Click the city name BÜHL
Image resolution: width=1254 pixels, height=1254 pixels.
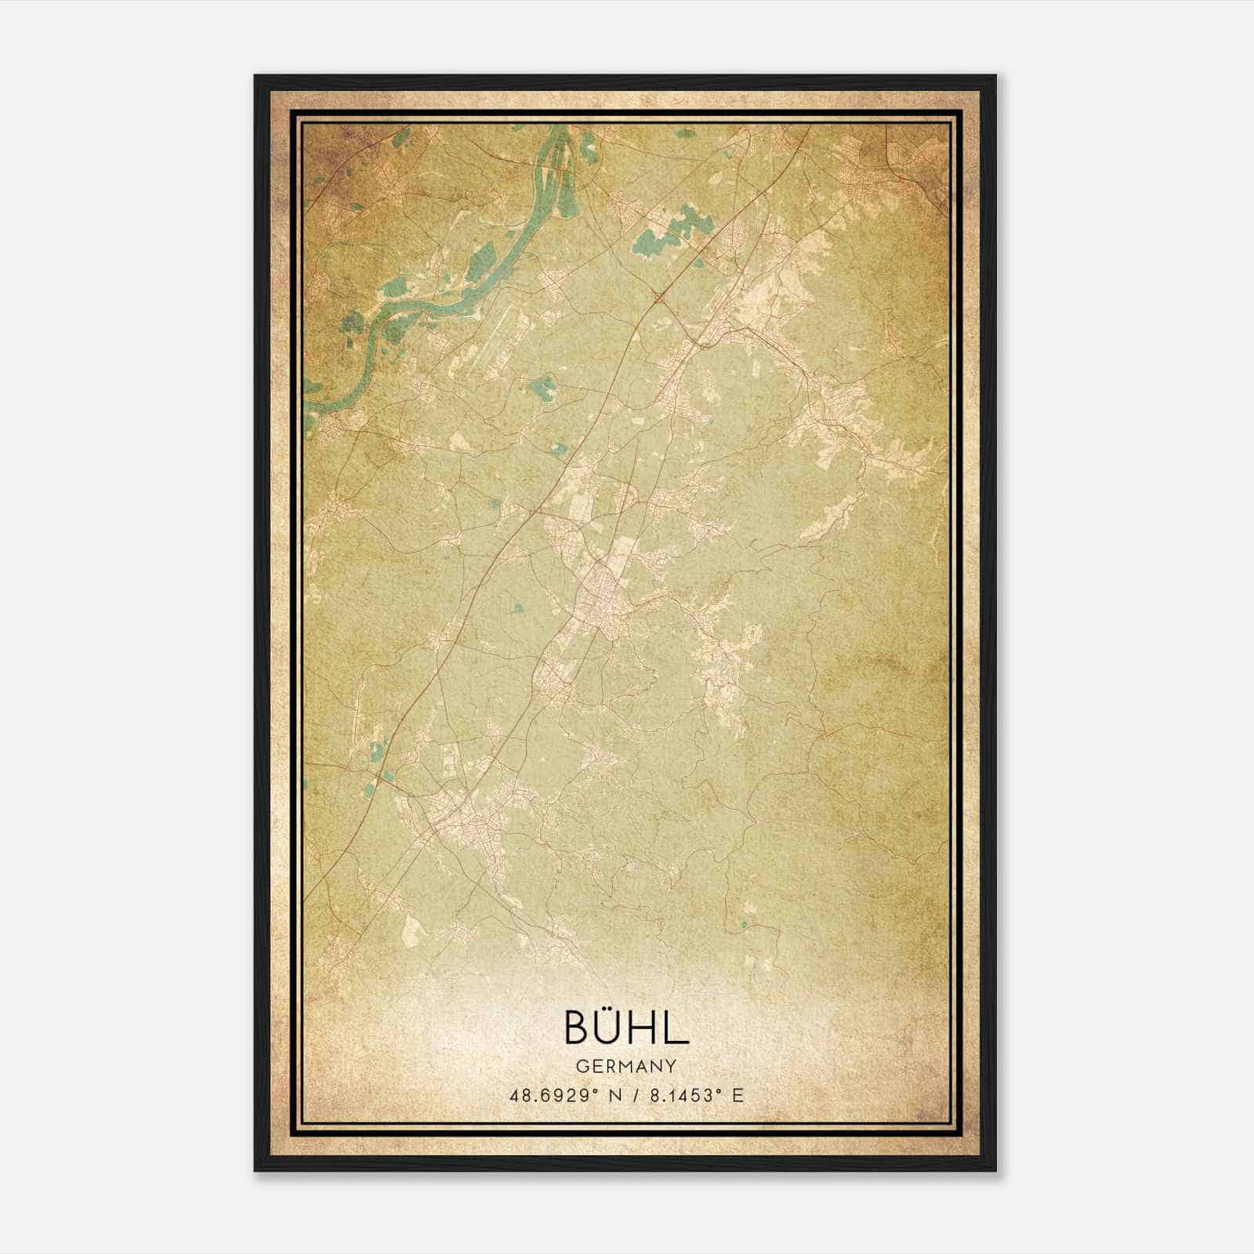click(626, 1027)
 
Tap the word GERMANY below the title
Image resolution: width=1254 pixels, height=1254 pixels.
click(626, 1066)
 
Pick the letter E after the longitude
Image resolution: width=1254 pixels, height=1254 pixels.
click(737, 1096)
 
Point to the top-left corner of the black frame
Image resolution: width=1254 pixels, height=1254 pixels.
click(256, 77)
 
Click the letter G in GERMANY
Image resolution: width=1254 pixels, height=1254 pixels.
click(581, 1066)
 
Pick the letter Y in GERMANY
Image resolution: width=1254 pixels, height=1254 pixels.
click(672, 1066)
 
